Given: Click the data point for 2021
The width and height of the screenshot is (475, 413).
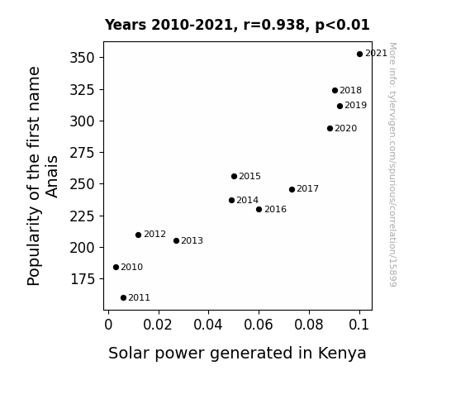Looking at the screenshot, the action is (359, 55).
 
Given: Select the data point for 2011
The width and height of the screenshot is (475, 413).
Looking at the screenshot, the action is (123, 298).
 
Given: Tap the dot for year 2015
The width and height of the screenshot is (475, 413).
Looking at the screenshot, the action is (234, 176).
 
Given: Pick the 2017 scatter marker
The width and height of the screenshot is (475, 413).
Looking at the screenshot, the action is (292, 190).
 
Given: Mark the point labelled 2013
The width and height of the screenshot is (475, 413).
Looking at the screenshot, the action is (176, 241).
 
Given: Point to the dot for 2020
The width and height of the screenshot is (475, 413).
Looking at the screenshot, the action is (330, 129).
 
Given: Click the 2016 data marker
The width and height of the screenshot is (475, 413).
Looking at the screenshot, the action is (259, 209).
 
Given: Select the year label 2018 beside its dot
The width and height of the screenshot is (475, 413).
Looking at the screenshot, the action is (350, 90).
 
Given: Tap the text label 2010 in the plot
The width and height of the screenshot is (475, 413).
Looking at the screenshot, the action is (132, 267).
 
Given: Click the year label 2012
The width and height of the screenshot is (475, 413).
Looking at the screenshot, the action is (154, 235).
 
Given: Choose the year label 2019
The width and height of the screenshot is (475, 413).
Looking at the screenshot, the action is (356, 105).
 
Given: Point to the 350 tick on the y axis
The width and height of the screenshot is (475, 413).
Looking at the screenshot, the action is (83, 58).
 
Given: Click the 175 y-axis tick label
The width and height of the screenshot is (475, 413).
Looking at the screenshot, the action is (83, 278).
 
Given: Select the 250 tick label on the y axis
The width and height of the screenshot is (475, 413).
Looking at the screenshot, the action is (83, 184).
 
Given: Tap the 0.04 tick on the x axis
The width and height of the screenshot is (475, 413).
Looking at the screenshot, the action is (208, 325).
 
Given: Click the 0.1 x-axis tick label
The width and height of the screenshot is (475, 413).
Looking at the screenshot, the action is (359, 325).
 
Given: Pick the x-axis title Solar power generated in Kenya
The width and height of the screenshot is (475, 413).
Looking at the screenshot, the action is (238, 354).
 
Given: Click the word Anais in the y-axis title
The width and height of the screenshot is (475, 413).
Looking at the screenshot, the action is (52, 177).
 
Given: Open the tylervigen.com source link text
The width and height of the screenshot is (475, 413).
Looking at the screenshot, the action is (392, 164).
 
